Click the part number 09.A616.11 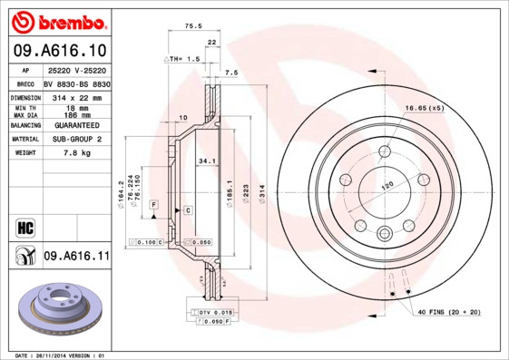pos(76,257)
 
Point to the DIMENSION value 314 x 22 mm pos(76,97)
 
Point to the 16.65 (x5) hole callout pos(424,108)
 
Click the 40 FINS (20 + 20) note pos(449,313)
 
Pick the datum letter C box pos(187,210)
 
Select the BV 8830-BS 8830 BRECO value pos(76,83)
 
